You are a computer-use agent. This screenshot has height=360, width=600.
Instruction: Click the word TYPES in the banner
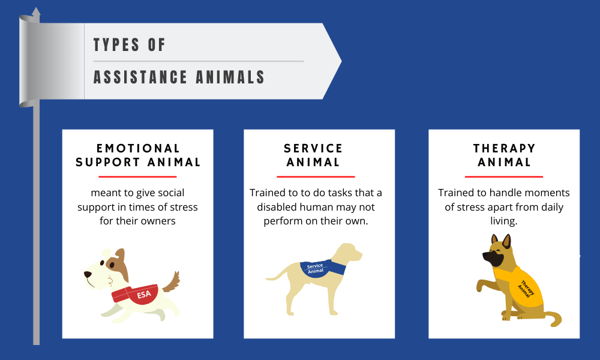point(116,45)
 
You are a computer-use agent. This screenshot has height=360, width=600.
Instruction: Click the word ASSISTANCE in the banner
point(140,77)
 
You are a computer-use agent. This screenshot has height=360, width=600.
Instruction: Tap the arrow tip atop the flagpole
point(36,8)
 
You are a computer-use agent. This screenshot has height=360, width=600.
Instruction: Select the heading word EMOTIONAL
point(138,148)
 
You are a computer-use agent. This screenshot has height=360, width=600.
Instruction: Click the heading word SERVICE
point(313,148)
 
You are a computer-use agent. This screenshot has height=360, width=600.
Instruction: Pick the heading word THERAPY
point(504,148)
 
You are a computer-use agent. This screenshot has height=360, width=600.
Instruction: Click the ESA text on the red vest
point(144,295)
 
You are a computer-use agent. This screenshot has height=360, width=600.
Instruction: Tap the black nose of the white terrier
point(88,275)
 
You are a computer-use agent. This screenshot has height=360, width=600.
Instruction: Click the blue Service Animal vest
point(322,268)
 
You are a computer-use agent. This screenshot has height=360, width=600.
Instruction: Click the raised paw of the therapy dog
point(481,286)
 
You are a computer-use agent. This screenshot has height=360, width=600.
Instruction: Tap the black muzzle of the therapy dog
point(493,258)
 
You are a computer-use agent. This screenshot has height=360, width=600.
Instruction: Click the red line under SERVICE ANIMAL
point(316,177)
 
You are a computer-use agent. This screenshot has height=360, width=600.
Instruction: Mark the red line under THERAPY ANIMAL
point(504,177)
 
